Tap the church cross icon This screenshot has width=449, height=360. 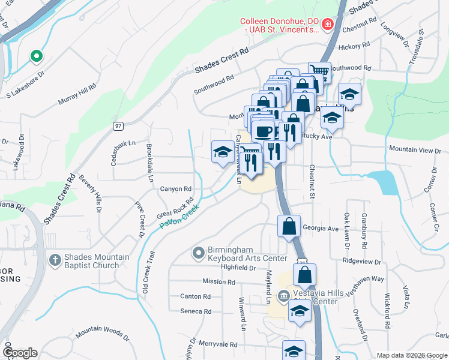click(x=55, y=261)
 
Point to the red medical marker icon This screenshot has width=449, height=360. click(x=327, y=25)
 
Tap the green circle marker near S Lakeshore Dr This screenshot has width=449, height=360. click(x=36, y=56)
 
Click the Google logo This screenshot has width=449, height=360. click(x=20, y=353)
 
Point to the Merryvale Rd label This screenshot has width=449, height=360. click(x=217, y=345)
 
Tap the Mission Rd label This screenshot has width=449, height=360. click(x=218, y=281)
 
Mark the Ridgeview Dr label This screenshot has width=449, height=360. click(x=362, y=262)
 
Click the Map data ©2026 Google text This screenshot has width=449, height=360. click(x=411, y=355)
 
